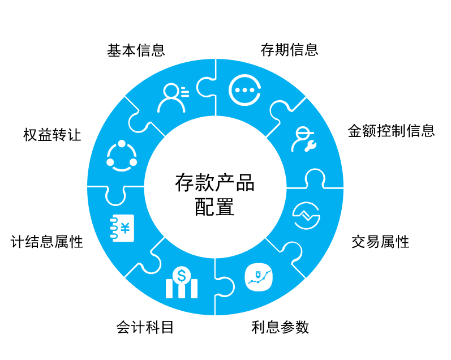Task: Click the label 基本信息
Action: point(136,50)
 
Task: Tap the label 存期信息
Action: point(289,50)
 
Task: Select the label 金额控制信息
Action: point(391,131)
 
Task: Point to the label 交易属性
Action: point(380,242)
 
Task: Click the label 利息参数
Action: point(280,327)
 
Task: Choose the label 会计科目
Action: point(145,327)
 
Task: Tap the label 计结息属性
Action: point(47,242)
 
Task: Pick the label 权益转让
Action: point(52,135)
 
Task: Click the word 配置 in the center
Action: point(214,207)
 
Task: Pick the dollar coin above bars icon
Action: point(181,282)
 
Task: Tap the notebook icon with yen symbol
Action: point(121,228)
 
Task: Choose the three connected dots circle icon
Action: point(121,155)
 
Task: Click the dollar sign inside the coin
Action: point(181,276)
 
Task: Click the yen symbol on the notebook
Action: point(124,228)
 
